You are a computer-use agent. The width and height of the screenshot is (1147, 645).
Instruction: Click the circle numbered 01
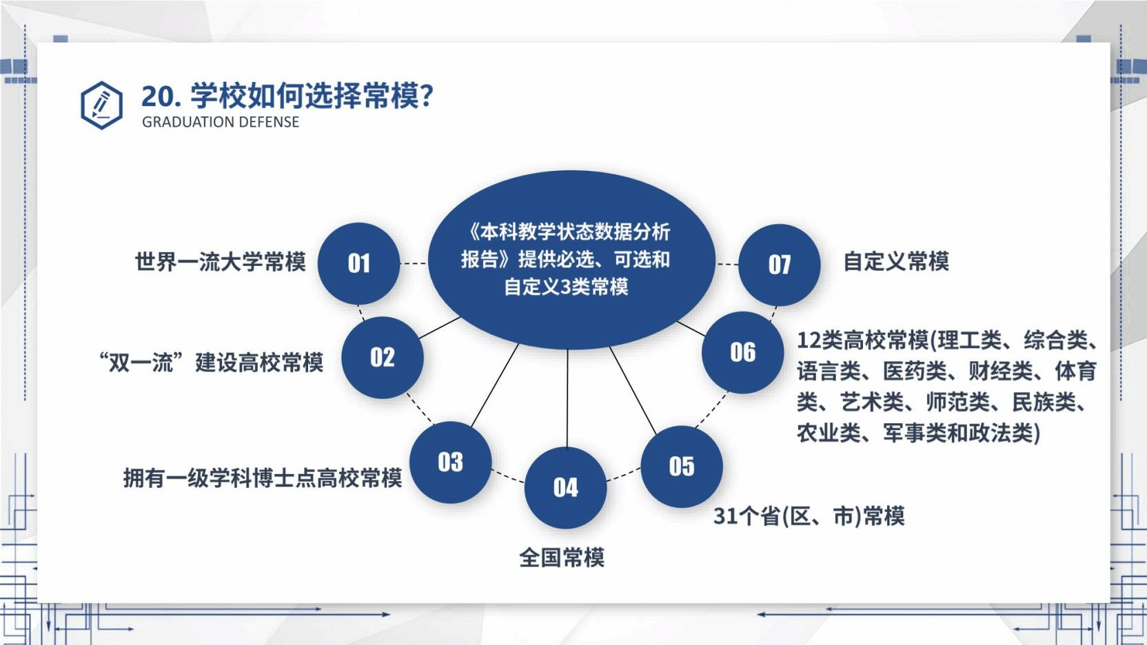[x=358, y=263]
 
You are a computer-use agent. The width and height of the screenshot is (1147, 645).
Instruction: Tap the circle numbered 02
[x=383, y=357]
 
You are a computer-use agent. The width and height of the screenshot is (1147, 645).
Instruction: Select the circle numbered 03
[x=450, y=462]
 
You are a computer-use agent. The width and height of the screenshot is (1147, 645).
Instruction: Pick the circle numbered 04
[x=565, y=487]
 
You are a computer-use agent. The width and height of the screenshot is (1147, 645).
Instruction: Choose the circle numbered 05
[x=682, y=467]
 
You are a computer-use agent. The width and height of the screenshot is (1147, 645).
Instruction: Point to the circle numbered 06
[x=743, y=352]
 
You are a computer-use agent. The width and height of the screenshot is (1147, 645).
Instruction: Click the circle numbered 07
[x=780, y=265]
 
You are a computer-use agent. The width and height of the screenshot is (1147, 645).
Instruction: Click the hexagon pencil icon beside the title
[x=101, y=105]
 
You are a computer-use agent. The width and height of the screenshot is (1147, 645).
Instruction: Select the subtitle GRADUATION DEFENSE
[x=221, y=122]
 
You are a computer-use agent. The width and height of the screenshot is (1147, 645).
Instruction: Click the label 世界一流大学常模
[x=220, y=262]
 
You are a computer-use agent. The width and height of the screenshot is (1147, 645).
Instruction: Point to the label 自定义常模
[x=896, y=261]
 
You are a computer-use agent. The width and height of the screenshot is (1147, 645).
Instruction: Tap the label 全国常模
[x=562, y=557]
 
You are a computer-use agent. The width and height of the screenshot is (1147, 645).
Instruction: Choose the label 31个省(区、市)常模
[x=809, y=515]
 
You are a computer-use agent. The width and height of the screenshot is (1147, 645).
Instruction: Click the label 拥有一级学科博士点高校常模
[x=262, y=478]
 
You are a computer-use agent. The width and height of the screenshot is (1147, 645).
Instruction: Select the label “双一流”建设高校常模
[x=211, y=362]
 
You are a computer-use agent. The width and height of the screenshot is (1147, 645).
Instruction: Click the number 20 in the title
[x=156, y=96]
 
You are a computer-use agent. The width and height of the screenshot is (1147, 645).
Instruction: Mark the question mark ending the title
[x=427, y=96]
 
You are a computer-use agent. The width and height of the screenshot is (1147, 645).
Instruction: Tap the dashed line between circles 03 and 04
[x=508, y=476]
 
